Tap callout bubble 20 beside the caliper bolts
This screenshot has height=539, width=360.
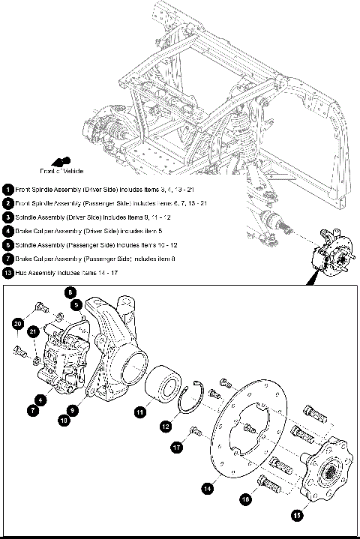[18, 323]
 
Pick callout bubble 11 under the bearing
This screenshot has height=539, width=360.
[140, 411]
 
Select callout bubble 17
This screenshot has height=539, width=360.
[178, 448]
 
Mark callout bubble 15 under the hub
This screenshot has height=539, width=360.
[297, 515]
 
